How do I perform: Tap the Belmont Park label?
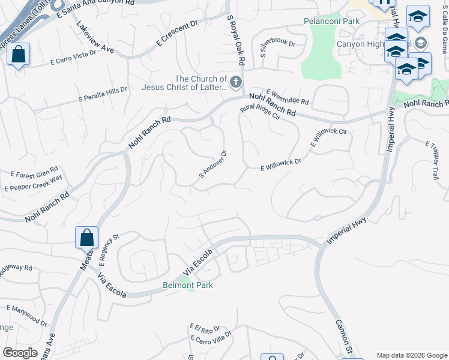coord(187,286)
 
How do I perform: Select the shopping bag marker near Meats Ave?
coord(86,238)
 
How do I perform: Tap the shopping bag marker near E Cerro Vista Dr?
coord(19,55)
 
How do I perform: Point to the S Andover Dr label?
coord(212,164)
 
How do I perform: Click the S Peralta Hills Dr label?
coord(103,94)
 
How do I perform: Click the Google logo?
coord(20,353)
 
